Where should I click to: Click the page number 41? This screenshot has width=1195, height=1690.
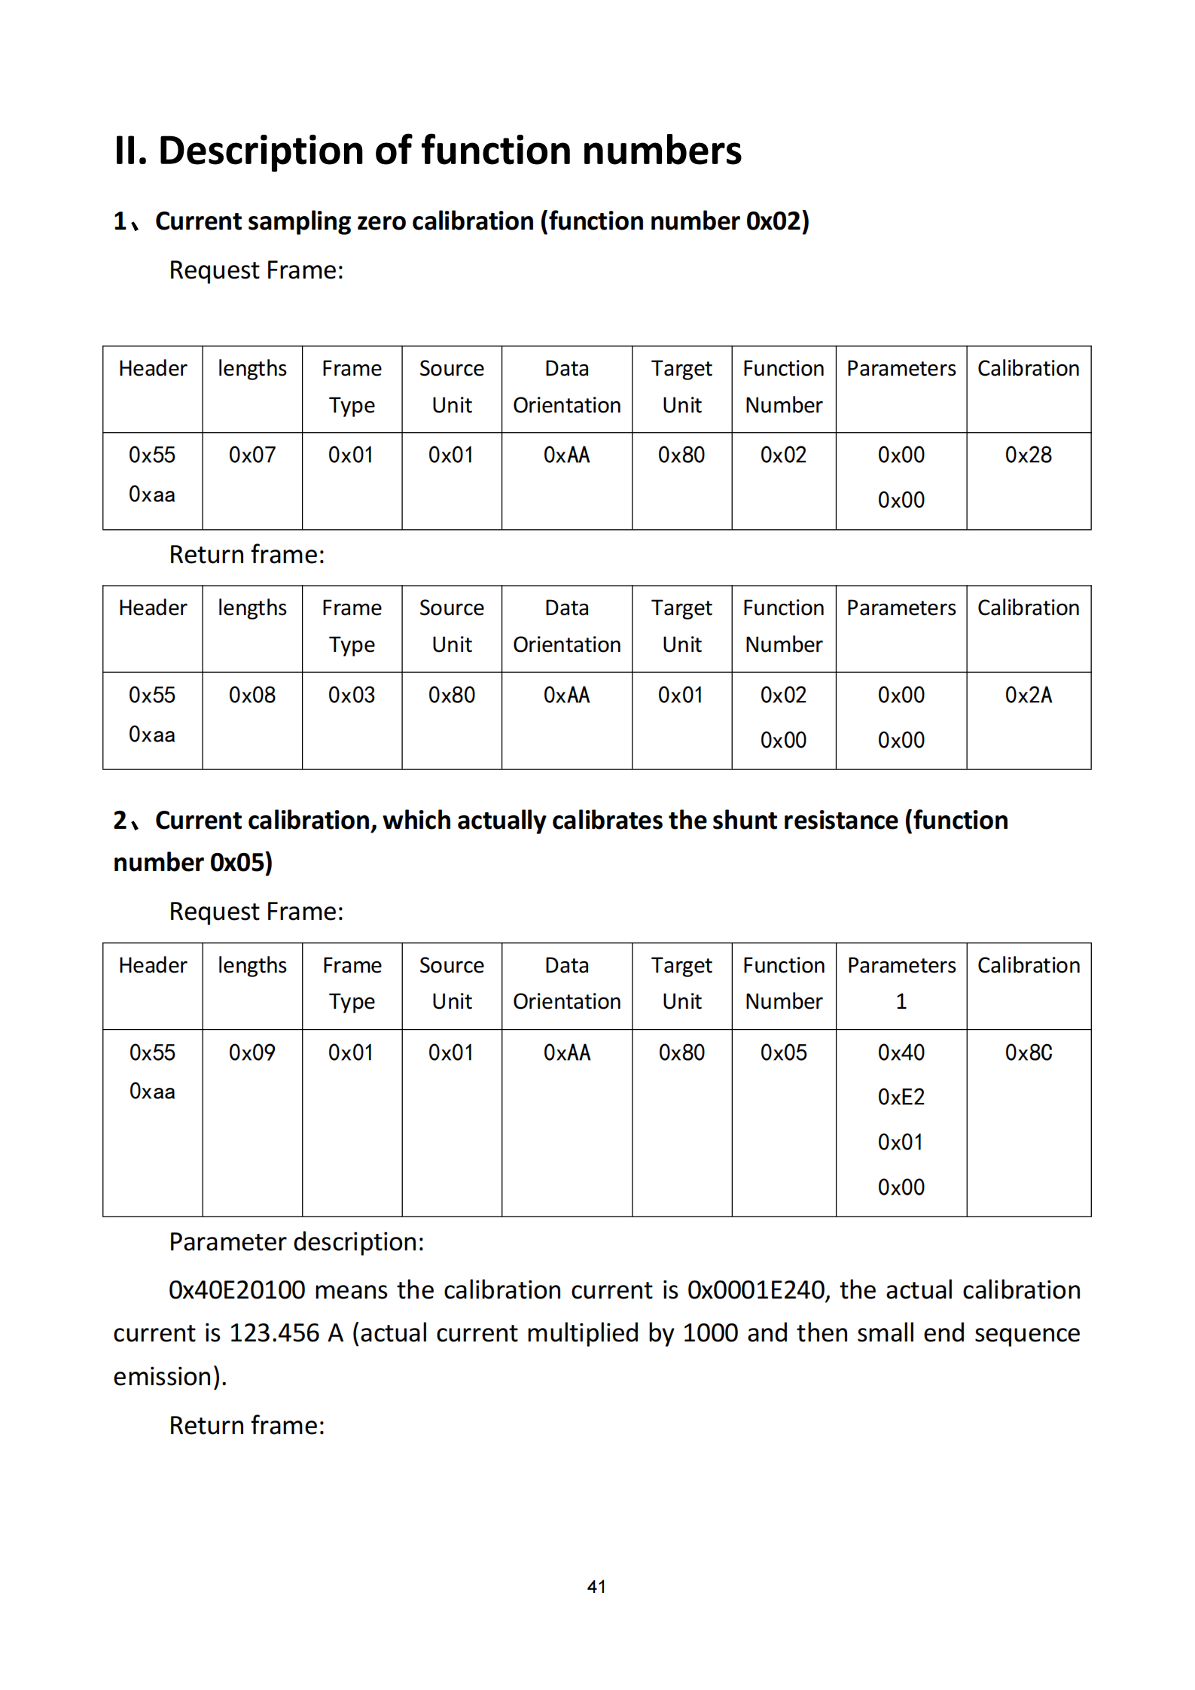coord(596,1586)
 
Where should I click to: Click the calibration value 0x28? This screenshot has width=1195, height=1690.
coord(1028,455)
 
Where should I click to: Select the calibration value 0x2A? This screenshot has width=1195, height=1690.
coord(1028,695)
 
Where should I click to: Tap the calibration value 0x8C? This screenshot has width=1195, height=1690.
coord(1028,1052)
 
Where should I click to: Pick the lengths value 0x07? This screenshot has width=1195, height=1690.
coord(252,455)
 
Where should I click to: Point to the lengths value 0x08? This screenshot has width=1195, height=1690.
coord(252,695)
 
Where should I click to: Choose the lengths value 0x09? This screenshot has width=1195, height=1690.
coord(252,1052)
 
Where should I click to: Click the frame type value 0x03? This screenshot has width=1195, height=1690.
coord(352,695)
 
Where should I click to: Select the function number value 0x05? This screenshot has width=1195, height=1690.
coord(783,1052)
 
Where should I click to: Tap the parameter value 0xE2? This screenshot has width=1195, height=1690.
coord(901,1097)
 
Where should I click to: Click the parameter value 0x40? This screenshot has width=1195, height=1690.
coord(901,1052)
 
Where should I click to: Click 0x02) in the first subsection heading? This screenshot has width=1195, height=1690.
coord(777,221)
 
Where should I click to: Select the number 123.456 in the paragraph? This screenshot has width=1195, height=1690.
coord(274,1333)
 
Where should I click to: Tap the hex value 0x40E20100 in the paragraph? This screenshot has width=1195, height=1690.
coord(236,1290)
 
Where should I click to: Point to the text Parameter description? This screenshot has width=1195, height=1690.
coord(297,1242)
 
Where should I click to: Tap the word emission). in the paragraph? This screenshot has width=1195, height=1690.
coord(170,1377)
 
